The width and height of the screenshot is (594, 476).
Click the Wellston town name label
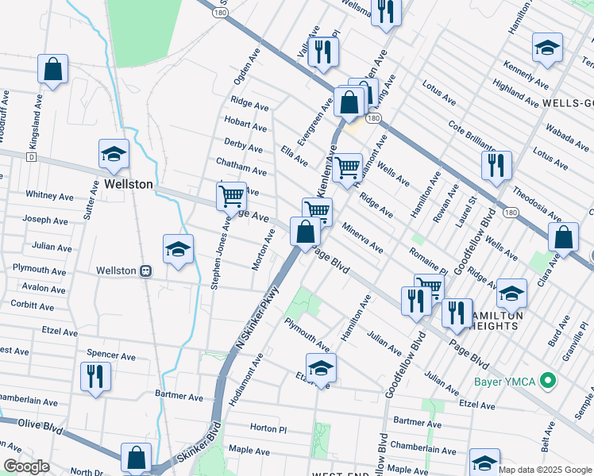(x=128, y=184)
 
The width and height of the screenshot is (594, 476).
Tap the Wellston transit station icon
(x=145, y=271)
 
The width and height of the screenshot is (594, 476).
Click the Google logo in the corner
(x=26, y=466)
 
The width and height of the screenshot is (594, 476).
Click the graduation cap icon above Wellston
(x=114, y=155)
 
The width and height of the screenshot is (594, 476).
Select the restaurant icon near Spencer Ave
(x=95, y=376)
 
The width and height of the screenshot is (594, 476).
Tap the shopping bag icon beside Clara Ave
(x=563, y=238)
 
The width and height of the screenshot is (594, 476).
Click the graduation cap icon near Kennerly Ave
(x=547, y=48)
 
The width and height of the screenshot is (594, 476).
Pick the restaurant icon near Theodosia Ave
(x=496, y=166)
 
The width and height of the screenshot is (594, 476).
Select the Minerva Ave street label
(x=362, y=238)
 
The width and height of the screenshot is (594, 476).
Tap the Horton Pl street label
(x=268, y=428)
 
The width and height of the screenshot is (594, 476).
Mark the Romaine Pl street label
(x=428, y=260)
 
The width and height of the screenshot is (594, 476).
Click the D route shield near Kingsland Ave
(x=31, y=158)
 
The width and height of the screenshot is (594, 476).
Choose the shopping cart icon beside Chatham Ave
(x=231, y=195)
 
